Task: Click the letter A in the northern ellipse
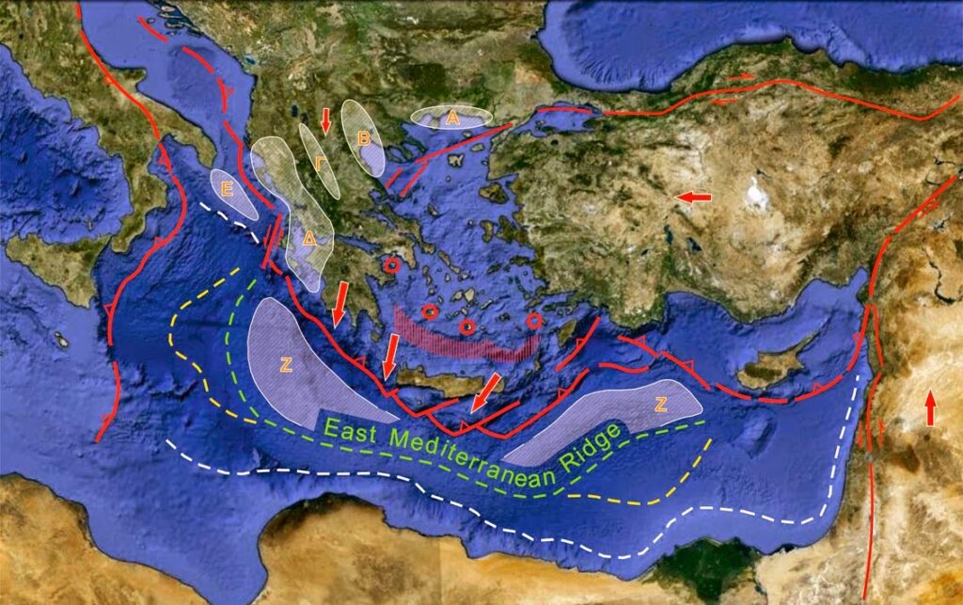(x=452, y=118)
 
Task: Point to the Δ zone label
(x=309, y=238)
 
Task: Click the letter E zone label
(x=227, y=187)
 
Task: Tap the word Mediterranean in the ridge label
(x=466, y=451)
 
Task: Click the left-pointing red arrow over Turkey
(x=694, y=198)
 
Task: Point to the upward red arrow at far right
(x=930, y=408)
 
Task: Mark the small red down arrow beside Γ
(x=325, y=120)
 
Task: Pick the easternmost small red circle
(x=534, y=321)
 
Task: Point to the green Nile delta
(x=705, y=565)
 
